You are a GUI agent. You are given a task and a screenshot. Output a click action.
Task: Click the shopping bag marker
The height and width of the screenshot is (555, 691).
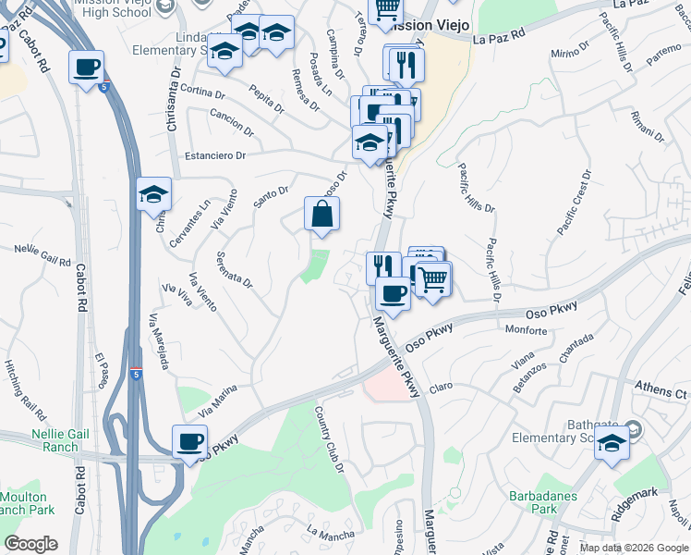coord(322,214)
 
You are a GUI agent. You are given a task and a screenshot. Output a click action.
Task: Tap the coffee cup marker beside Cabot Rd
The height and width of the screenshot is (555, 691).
coord(86,68)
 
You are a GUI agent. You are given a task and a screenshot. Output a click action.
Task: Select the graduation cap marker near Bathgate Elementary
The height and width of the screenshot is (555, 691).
coord(612,444)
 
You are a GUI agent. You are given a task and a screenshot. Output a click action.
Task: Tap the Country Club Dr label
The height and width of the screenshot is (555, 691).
coord(330,439)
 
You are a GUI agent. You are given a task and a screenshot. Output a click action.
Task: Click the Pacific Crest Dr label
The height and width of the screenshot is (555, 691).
coord(574,201)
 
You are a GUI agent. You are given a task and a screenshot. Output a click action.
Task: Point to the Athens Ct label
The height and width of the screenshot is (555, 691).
coord(662,392)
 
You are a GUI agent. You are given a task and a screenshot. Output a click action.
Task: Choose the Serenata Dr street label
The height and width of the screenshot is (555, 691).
coord(234,268)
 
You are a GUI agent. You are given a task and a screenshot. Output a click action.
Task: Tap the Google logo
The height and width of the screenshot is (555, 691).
coord(30,544)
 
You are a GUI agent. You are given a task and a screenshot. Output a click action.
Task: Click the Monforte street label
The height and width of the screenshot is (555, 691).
coord(527,329)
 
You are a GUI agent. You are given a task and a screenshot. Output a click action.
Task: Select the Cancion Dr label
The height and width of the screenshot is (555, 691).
coord(230,117)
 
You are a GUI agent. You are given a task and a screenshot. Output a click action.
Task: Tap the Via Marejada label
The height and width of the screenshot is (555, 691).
coord(158,341)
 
